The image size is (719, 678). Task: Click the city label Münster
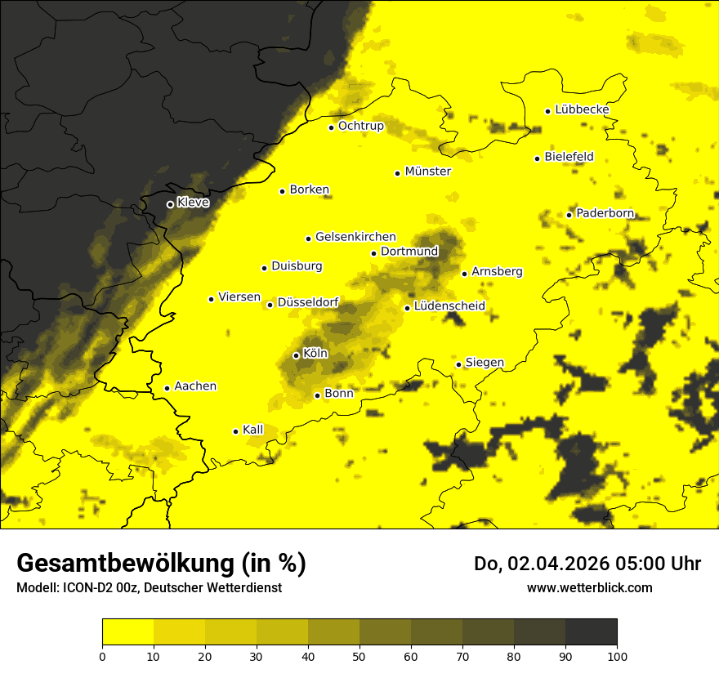pos(428,172)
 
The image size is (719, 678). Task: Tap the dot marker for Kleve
pos(170,204)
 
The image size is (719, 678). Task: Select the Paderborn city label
pos(605,213)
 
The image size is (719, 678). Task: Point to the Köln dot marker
pos(296,355)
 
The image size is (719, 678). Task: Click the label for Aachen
pos(195,386)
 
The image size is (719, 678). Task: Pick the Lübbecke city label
pos(582,109)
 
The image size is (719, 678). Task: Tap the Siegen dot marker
pos(459,364)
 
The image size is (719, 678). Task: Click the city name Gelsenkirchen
pos(355,237)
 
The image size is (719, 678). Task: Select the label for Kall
pos(253,430)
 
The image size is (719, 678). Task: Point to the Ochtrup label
pos(361,126)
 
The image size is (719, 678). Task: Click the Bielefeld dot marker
pos(537,158)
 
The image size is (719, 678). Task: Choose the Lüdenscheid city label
pos(449,306)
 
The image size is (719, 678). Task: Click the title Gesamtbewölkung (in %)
pos(161,564)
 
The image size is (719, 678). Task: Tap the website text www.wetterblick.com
pos(589,588)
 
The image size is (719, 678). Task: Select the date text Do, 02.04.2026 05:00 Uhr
pos(587,564)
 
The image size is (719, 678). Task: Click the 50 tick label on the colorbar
pos(359,655)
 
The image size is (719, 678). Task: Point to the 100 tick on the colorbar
pos(617,655)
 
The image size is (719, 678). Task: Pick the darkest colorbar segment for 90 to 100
pos(591,632)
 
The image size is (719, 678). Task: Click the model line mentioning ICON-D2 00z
pos(149,588)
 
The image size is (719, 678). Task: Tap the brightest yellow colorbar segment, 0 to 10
pos(127,632)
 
